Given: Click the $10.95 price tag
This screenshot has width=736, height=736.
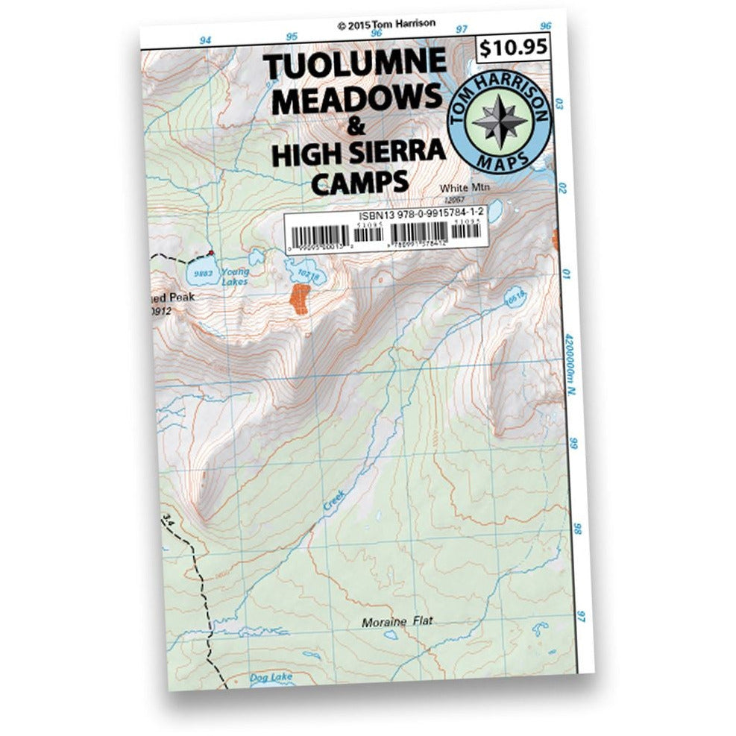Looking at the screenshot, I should pyautogui.click(x=514, y=48).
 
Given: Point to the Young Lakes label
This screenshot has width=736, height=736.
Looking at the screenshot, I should pyautogui.click(x=235, y=277).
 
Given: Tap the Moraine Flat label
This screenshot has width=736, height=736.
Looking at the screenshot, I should pyautogui.click(x=397, y=622).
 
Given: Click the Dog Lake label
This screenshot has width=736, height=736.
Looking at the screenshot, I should pyautogui.click(x=271, y=677).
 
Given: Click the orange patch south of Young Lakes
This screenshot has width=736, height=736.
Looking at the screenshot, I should pyautogui.click(x=300, y=298).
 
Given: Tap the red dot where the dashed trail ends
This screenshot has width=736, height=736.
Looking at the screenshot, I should pyautogui.click(x=212, y=253).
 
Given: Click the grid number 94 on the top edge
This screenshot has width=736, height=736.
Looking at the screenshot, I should pyautogui.click(x=206, y=40).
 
